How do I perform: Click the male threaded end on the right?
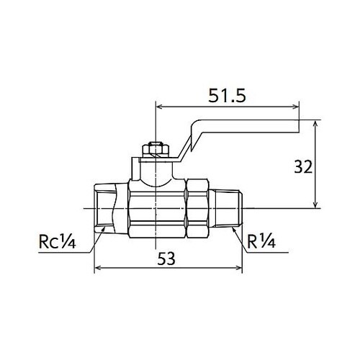(230, 209)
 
